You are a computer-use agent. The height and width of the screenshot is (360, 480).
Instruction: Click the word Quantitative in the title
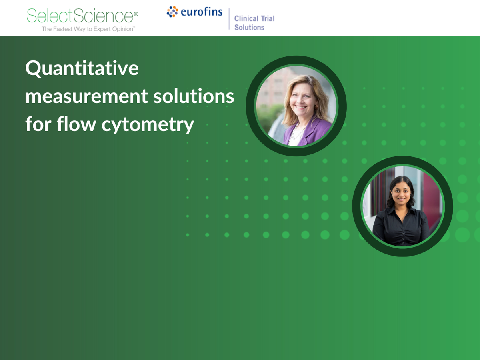82,69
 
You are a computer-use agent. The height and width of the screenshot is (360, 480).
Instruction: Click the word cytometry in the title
148,124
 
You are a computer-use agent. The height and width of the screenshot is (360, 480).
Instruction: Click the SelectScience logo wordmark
80,16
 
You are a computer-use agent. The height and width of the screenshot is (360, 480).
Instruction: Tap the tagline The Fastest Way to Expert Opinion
88,29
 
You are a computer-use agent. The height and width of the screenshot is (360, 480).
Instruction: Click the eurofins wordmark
202,12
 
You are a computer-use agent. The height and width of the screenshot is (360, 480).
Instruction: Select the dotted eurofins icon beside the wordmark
172,12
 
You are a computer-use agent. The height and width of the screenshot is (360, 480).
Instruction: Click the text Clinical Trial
254,18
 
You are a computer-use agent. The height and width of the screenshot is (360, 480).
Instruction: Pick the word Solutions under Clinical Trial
249,28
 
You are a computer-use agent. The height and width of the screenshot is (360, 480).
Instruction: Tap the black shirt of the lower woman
400,228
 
